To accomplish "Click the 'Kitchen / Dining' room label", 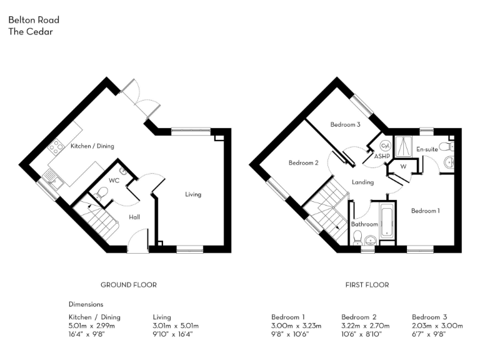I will coord(92,146).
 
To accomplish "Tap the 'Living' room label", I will coord(193,194).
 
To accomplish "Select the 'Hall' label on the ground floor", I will coord(134,217).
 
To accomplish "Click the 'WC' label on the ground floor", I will coord(114,181).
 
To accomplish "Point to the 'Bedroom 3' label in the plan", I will coord(345,125).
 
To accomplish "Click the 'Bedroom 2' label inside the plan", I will coord(304,163).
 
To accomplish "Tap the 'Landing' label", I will coord(362,182).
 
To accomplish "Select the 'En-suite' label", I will coord(427,149).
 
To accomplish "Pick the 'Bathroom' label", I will coord(364,224).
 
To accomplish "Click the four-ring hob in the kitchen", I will coord(56,147).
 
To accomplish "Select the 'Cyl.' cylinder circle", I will coord(385,145).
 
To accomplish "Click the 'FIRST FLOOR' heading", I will coord(367,285).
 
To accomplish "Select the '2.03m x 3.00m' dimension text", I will coord(437,326).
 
